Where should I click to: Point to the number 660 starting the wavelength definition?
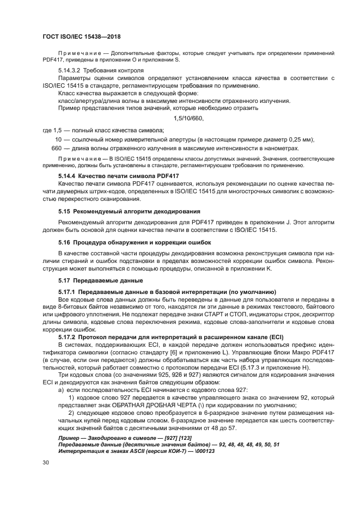(x=56, y=149)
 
